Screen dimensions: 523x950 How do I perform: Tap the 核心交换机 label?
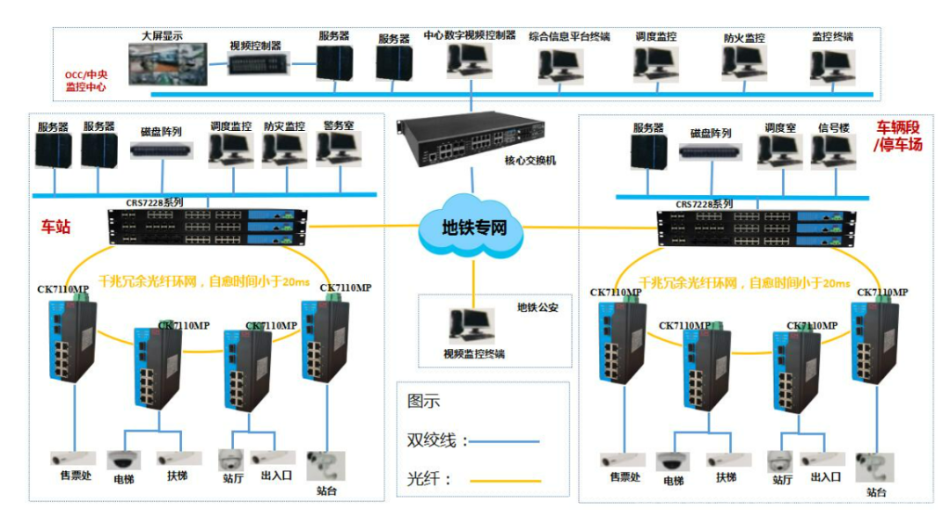click(530, 161)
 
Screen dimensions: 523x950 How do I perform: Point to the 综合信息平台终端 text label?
click(569, 37)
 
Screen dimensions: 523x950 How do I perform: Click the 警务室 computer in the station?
click(338, 150)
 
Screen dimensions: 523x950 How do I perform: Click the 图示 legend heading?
click(423, 402)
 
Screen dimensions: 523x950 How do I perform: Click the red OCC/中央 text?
click(85, 76)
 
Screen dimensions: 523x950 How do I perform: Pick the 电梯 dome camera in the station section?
click(122, 460)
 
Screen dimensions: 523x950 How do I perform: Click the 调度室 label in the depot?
click(779, 128)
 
